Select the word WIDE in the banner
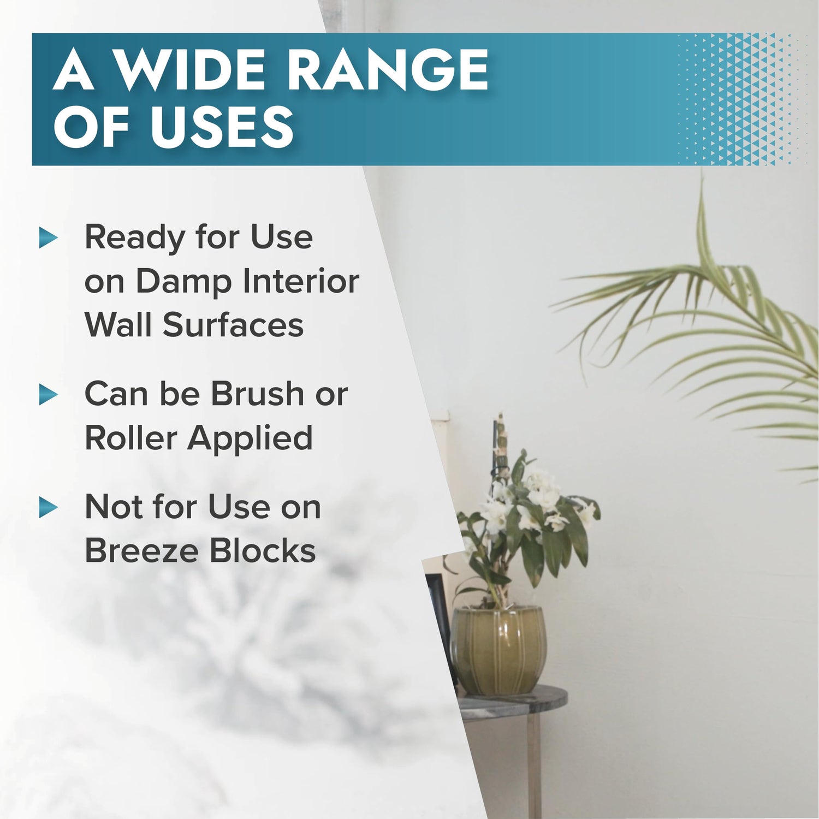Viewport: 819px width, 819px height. click(x=194, y=70)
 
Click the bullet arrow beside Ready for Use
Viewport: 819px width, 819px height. click(x=49, y=238)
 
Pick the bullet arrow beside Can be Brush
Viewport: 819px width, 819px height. click(x=49, y=395)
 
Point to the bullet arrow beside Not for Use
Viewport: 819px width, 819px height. click(x=49, y=508)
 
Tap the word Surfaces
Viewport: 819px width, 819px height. click(x=233, y=325)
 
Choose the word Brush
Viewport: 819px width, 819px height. click(x=257, y=393)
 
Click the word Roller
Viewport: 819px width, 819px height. click(x=131, y=438)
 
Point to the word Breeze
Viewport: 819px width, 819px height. click(x=143, y=550)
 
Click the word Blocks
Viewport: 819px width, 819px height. click(x=263, y=550)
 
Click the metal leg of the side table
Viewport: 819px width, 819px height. click(x=533, y=764)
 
